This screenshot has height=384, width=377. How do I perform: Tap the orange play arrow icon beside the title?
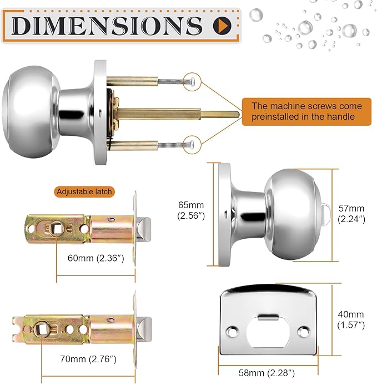click(222, 25)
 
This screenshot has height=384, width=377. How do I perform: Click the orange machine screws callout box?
click(306, 111)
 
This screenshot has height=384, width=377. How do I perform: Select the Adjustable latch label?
click(84, 191)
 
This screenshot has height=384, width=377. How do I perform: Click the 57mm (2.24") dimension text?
click(351, 213)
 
